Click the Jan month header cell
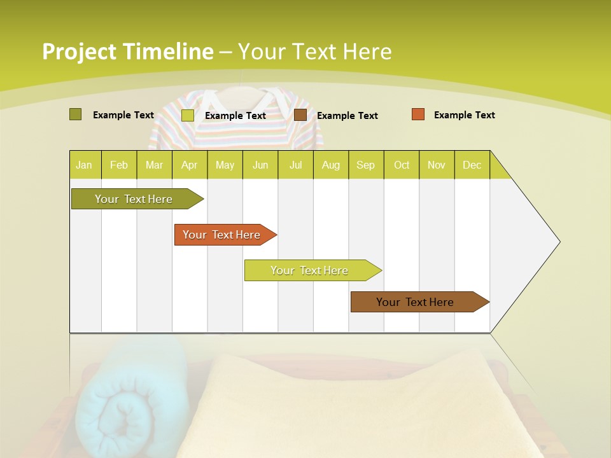coord(85,165)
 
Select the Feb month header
coord(119,165)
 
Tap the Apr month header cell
coord(190,165)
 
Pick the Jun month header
coord(260,165)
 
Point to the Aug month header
coord(331,165)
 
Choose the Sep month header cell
coord(366,165)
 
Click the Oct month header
coord(402,165)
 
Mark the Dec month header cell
coord(472,165)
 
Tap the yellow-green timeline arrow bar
coord(310,270)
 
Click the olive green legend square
coord(75,114)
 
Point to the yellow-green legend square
coord(187,115)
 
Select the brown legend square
coord(300,115)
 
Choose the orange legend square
coord(418,114)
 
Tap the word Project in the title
coord(80,52)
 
